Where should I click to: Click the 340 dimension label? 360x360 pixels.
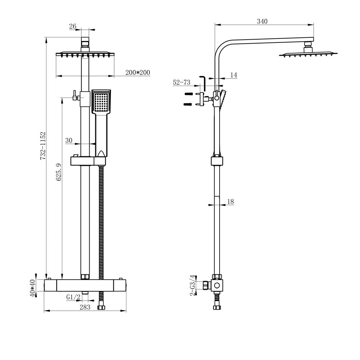262,22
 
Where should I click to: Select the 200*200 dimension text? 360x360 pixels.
138,72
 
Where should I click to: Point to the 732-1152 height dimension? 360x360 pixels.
42,146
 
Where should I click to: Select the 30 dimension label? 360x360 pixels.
69,140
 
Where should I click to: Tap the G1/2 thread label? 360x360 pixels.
73,297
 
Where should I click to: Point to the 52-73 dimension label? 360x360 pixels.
181,82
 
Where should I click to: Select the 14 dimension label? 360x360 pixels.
234,75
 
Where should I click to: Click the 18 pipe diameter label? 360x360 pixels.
230,202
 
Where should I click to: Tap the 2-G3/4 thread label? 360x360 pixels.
193,285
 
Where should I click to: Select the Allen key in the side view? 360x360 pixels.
203,83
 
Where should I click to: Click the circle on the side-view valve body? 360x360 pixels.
217,286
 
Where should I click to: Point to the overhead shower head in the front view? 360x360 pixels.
85,54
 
